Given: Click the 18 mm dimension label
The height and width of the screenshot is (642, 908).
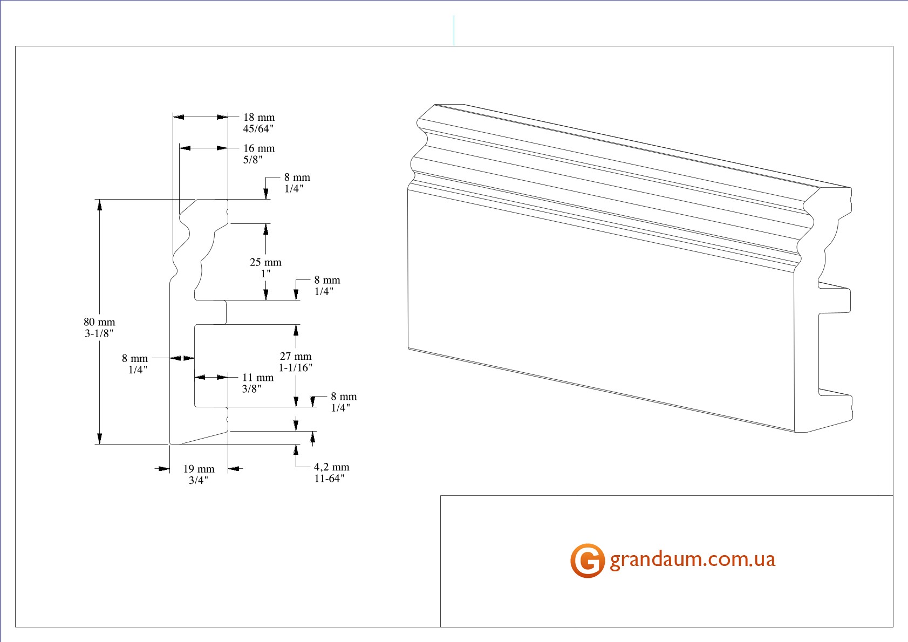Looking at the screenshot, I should point(259,118).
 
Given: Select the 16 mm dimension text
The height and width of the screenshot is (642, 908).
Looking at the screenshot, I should point(259,148).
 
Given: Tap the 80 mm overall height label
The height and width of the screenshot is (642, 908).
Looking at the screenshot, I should point(99,322).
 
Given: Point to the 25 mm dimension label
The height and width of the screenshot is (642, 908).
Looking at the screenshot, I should point(265,263).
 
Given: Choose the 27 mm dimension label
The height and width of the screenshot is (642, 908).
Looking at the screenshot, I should point(296,356).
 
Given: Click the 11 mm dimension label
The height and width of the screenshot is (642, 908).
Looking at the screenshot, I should point(258,378).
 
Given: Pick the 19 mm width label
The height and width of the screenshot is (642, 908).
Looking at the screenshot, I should point(199,469).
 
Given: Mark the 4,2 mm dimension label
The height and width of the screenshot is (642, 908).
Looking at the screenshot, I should point(331,467).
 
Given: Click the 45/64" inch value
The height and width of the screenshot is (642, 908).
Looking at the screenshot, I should point(258,129).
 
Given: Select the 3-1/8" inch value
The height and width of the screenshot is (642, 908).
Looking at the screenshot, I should point(99,333).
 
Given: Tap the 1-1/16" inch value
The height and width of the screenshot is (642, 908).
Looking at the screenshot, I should point(295,368).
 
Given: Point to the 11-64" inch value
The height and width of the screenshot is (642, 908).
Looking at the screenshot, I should point(329,479).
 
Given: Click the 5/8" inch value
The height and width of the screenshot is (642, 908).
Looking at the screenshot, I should point(252,160).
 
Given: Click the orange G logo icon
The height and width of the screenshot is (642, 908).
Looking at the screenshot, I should point(587,561).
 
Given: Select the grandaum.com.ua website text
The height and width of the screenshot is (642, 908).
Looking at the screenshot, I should point(693,559).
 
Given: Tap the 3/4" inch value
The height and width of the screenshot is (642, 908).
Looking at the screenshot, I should point(198,481).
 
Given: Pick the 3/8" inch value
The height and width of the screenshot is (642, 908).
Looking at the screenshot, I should point(251,389).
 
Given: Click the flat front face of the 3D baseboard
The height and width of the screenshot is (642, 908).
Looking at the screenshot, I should point(599,308).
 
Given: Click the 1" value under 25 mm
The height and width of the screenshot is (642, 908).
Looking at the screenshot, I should point(265,274).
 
